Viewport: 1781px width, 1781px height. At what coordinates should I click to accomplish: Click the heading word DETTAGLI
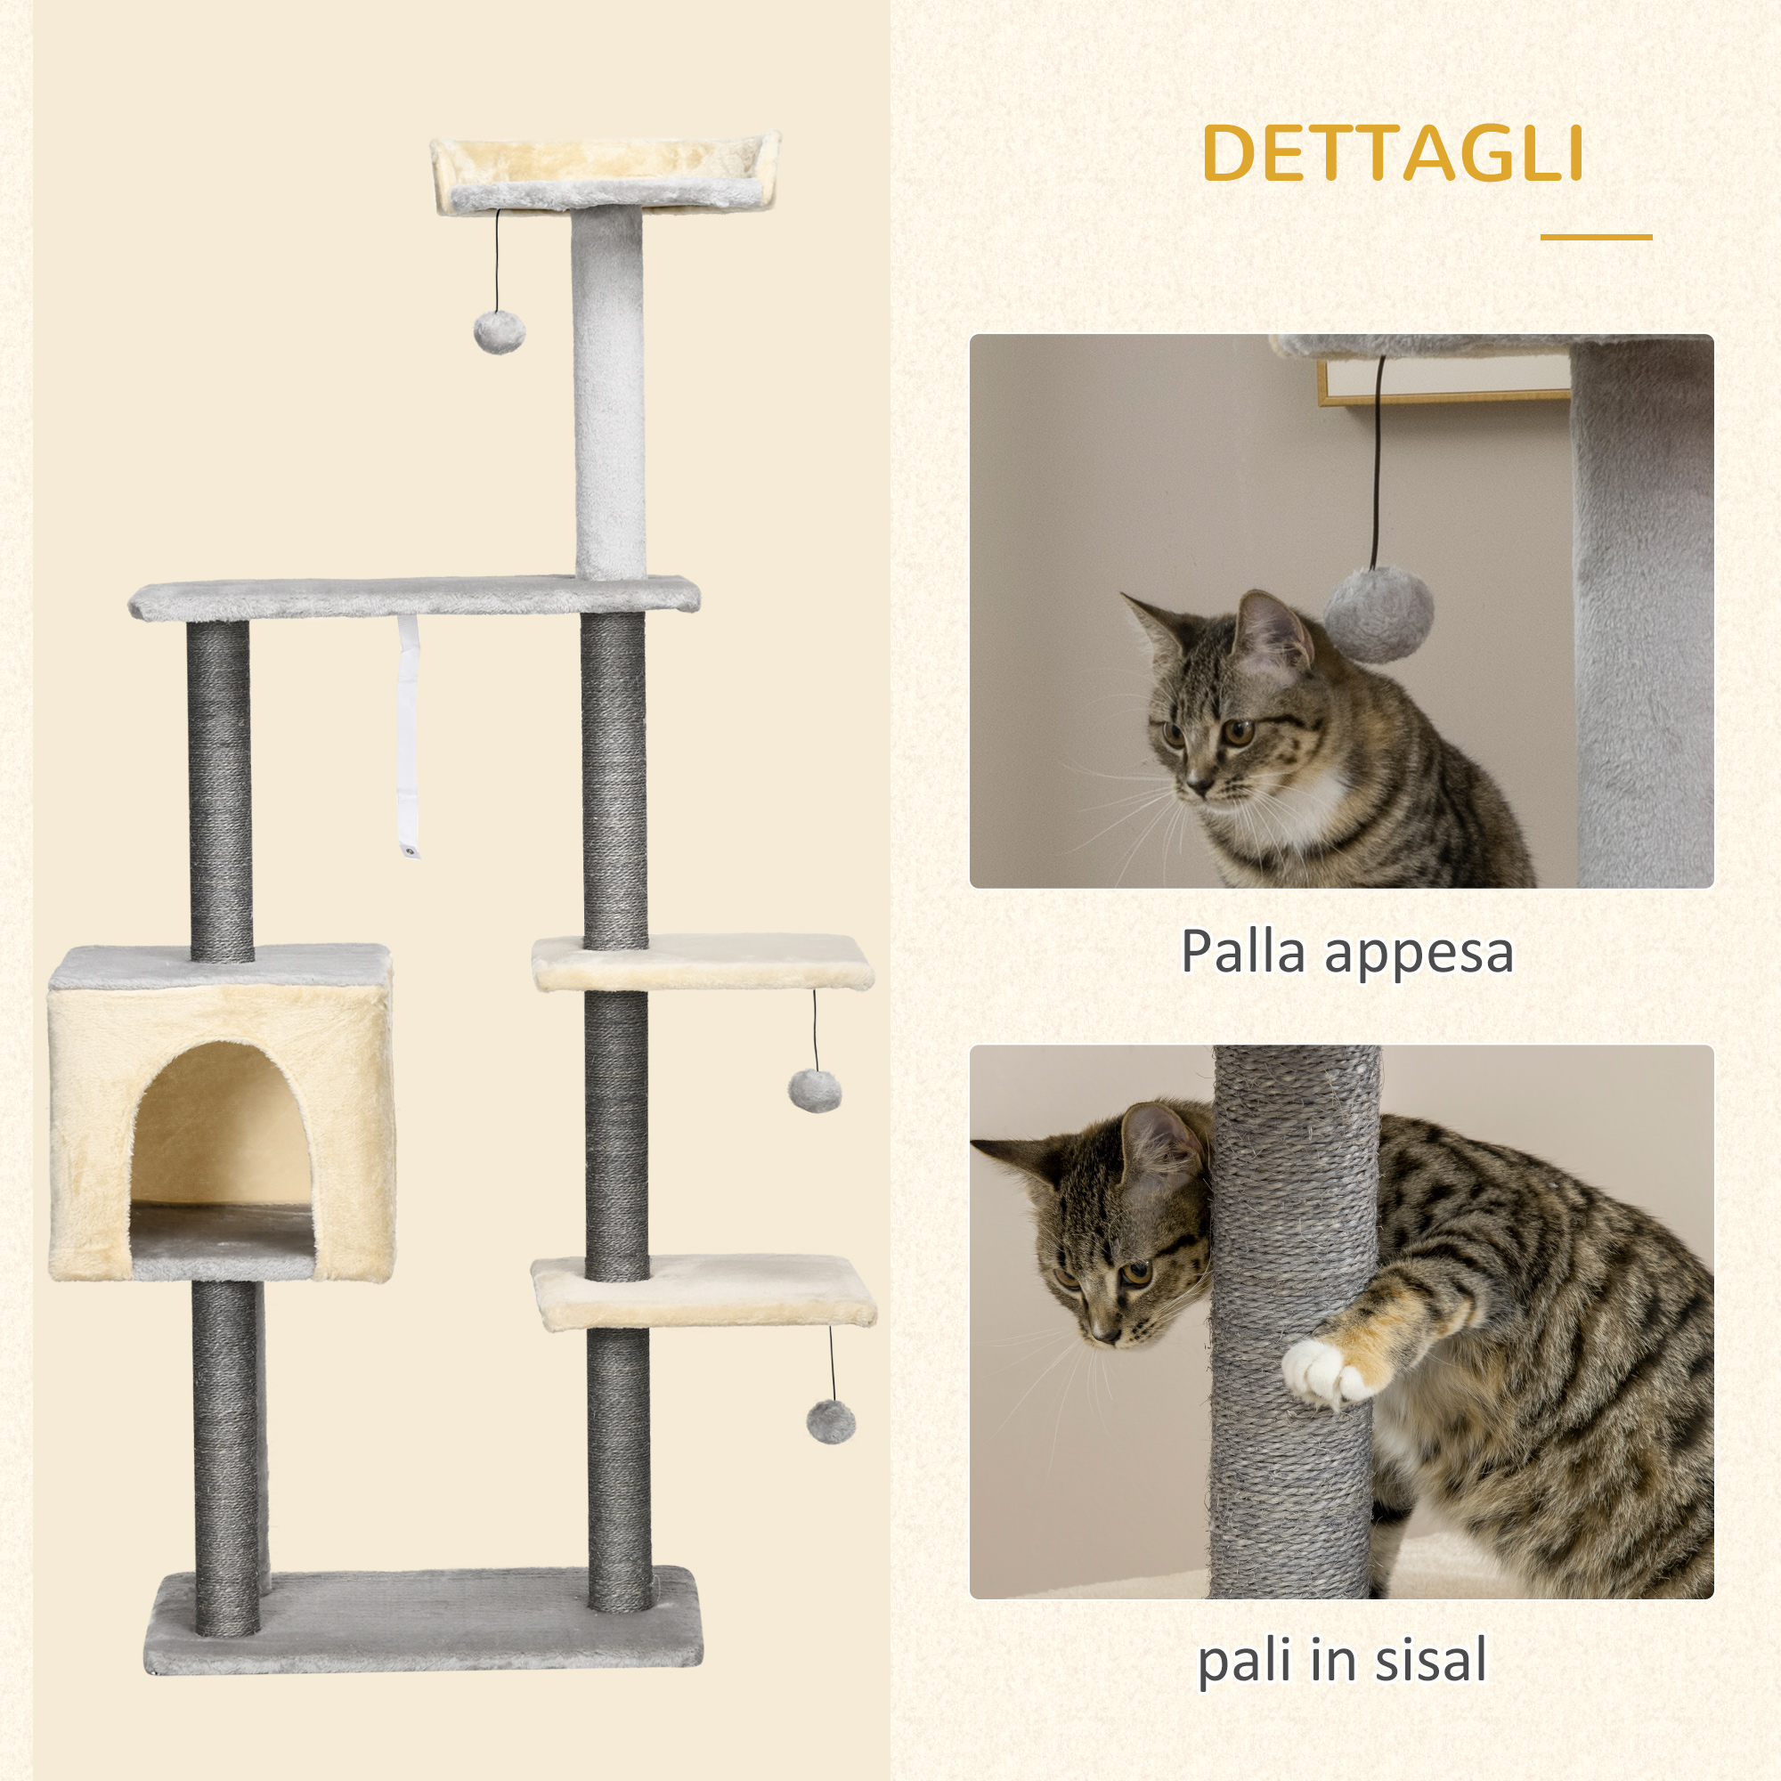click(1392, 153)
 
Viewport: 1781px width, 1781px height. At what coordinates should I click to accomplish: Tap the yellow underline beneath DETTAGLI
click(1596, 238)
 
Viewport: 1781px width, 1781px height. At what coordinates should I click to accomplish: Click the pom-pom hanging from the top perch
click(499, 332)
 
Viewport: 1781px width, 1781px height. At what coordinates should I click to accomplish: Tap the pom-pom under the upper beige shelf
click(814, 1091)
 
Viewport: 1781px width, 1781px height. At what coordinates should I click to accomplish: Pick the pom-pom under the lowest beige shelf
click(831, 1421)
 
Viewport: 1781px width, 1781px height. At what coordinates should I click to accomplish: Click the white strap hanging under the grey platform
click(409, 737)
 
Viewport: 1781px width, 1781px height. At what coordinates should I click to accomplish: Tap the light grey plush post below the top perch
click(608, 396)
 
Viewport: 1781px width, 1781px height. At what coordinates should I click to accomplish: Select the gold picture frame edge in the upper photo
click(1438, 397)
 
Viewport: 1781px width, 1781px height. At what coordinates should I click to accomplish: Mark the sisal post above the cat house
click(219, 793)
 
